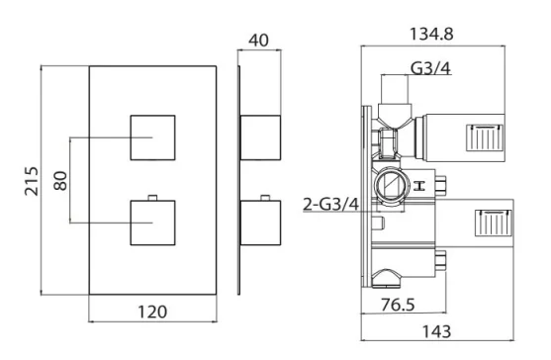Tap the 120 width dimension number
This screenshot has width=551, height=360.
point(150,312)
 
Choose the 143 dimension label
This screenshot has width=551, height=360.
point(437,331)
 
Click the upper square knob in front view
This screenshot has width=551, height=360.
point(153,136)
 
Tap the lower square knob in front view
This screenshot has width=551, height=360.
point(153,223)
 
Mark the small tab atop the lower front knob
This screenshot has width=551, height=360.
point(153,198)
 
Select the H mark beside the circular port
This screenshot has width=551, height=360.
point(431,185)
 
